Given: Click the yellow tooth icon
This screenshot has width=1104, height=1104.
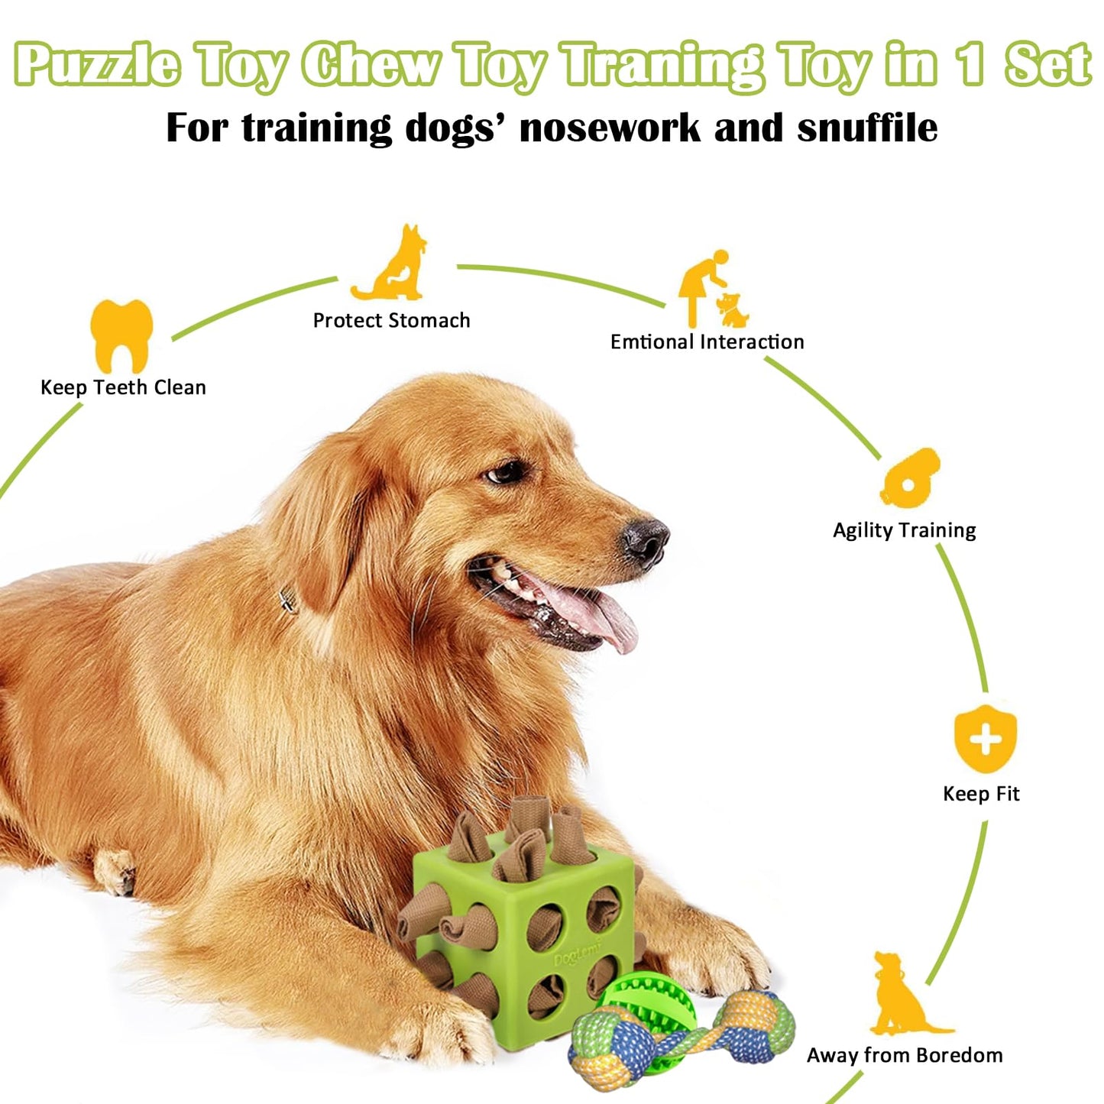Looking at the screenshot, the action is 121,335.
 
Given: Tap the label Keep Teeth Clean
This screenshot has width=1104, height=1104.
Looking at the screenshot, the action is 123,388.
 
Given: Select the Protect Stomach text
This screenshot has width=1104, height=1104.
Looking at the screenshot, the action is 391,320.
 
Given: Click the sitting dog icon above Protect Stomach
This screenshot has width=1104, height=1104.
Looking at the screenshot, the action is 390,262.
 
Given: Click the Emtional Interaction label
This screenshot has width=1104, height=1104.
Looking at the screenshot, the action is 707,342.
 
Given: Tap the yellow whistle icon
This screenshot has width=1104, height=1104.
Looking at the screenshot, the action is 910,478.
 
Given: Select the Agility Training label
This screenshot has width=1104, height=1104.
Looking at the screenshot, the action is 904,530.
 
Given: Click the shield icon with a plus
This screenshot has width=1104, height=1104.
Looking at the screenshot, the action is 986,739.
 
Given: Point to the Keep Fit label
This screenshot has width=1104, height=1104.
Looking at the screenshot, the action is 982,794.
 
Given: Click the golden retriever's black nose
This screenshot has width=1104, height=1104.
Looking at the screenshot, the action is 646,542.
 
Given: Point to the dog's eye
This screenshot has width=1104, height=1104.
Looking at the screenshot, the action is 505,473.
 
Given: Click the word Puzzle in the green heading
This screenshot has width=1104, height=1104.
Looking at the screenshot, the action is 96,66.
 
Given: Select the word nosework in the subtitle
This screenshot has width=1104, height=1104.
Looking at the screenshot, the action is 610,128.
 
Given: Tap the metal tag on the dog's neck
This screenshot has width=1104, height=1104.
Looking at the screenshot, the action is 288,601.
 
